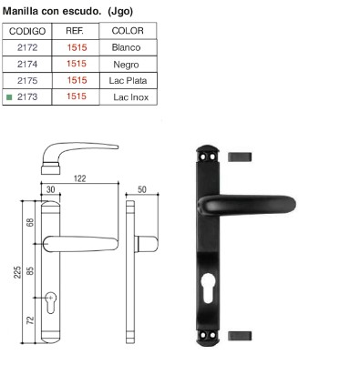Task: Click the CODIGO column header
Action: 27,31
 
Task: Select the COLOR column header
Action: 128,31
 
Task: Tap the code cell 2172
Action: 27,47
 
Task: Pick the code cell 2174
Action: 27,64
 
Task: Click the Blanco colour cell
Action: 126,47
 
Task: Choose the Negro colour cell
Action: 126,65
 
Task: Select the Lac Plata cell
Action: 128,81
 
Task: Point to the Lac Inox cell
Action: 131,97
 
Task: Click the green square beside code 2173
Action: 9,97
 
